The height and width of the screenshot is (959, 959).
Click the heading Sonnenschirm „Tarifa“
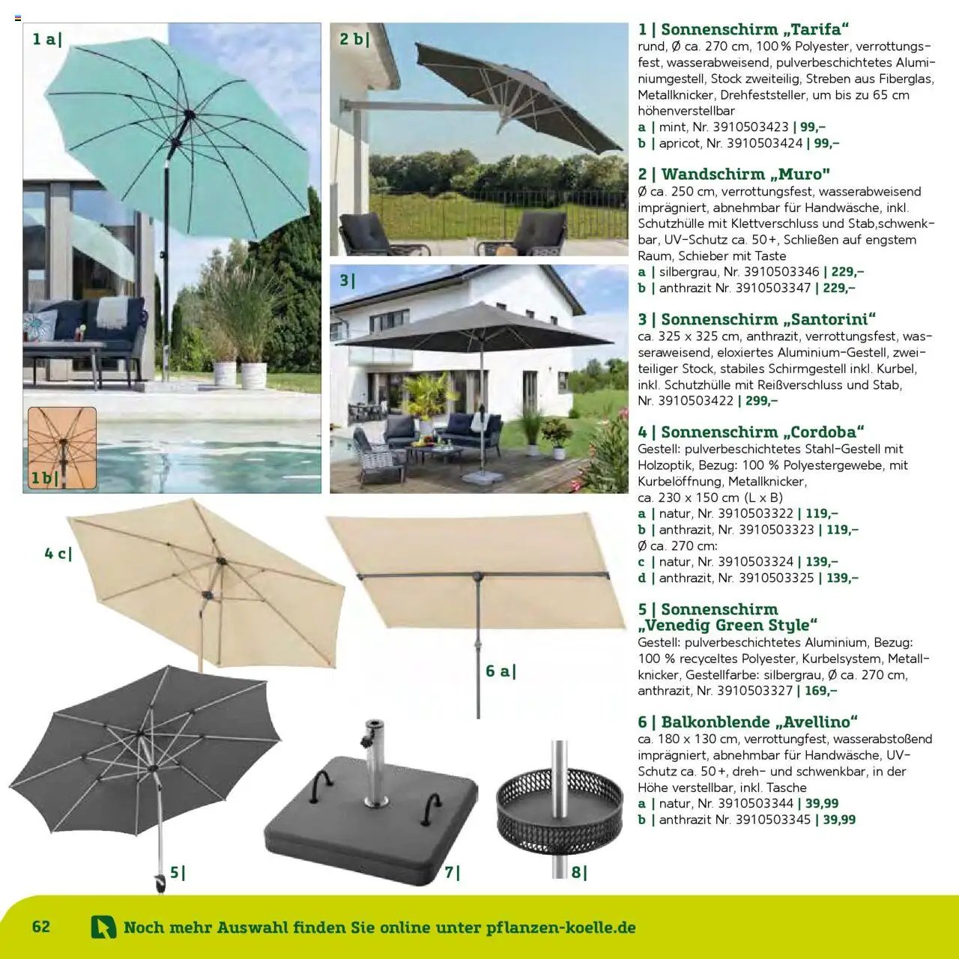pyautogui.click(x=744, y=29)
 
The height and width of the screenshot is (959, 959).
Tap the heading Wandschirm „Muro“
pyautogui.click(x=734, y=174)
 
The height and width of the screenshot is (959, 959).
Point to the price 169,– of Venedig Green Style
pyautogui.click(x=817, y=691)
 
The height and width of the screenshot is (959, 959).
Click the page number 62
pyautogui.click(x=41, y=926)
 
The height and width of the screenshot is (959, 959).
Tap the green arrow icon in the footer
pyautogui.click(x=103, y=927)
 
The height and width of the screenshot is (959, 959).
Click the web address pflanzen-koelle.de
pyautogui.click(x=560, y=927)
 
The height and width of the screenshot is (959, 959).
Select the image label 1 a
pyautogui.click(x=47, y=39)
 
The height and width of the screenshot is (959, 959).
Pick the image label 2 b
pyautogui.click(x=354, y=39)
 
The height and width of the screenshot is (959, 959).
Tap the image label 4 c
pyautogui.click(x=58, y=554)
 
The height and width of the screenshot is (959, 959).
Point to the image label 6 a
pyautogui.click(x=500, y=671)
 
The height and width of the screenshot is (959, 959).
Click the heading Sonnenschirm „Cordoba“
pyautogui.click(x=751, y=432)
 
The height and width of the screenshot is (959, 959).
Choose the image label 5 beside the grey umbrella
pyautogui.click(x=177, y=872)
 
